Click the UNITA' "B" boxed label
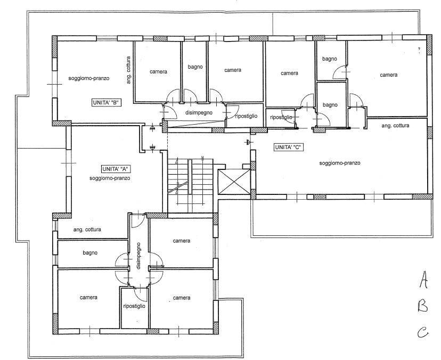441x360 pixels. coord(107,103)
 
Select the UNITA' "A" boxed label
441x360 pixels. coord(117,169)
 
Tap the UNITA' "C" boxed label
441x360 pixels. coord(289,147)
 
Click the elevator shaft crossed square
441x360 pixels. coord(234,182)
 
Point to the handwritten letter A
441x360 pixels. coord(423,279)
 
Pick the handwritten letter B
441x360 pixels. coord(423,306)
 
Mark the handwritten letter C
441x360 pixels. coord(422,332)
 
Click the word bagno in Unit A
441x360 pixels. coord(90,252)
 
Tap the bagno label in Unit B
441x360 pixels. coord(195,67)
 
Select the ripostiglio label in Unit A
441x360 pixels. coord(134,306)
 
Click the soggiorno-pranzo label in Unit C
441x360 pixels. coord(340,163)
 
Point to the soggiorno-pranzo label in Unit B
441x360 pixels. coord(89,78)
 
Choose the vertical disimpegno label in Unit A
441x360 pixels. coord(138,256)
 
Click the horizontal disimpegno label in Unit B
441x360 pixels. coord(199,112)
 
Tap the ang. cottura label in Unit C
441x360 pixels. coord(395,126)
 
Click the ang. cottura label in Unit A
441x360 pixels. coord(87,230)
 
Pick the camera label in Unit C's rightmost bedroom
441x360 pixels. coord(389,75)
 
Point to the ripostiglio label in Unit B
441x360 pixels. coord(247,116)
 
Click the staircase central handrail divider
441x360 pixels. coord(190,177)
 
